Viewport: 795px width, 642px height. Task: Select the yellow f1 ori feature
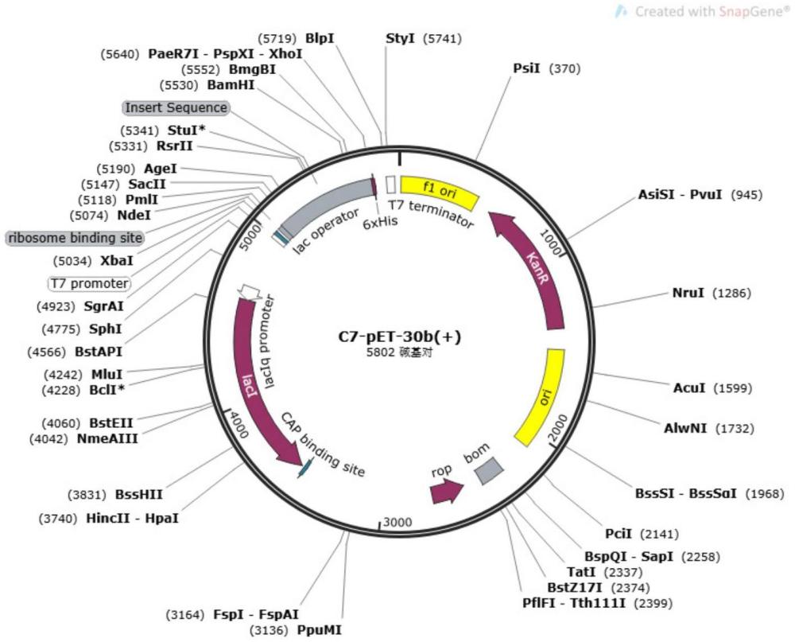(439, 189)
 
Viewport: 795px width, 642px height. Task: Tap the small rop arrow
(446, 492)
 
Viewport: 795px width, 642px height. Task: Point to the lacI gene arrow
(253, 374)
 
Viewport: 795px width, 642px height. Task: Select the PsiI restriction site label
(527, 68)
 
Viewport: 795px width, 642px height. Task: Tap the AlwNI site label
(684, 428)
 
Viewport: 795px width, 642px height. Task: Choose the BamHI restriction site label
(231, 84)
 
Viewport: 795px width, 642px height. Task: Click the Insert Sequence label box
(176, 107)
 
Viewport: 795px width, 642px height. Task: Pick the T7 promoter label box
(90, 283)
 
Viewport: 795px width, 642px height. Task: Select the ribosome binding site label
(75, 238)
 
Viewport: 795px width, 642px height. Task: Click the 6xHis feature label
(380, 223)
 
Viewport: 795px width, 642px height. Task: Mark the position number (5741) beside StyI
(442, 38)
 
